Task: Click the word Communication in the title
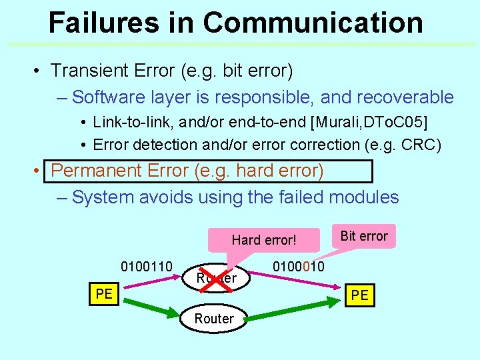coord(313,22)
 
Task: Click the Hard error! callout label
coord(263,240)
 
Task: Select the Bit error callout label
coord(364,236)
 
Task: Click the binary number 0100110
coord(147,267)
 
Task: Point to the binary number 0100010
coord(298,267)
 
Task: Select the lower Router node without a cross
coord(214,319)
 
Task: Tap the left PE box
coord(104,294)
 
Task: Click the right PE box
coord(359,295)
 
